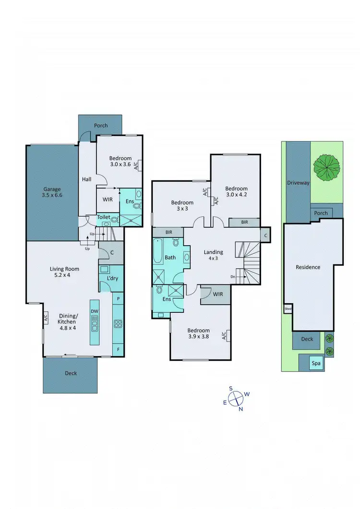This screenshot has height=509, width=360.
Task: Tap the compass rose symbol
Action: pyautogui.click(x=236, y=399)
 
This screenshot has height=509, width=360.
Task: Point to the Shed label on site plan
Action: pyautogui.click(x=288, y=309)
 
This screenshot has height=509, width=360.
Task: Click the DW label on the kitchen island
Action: pyautogui.click(x=95, y=311)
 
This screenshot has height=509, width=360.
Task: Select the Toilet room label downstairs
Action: pyautogui.click(x=104, y=217)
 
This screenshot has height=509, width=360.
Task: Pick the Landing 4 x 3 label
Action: pyautogui.click(x=213, y=256)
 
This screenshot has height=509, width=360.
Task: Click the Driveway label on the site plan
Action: pyautogui.click(x=298, y=183)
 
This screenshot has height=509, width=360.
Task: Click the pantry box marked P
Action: pyautogui.click(x=118, y=298)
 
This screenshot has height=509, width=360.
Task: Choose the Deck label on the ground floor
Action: pyautogui.click(x=71, y=373)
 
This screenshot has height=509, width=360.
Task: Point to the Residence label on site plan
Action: pyautogui.click(x=308, y=267)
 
